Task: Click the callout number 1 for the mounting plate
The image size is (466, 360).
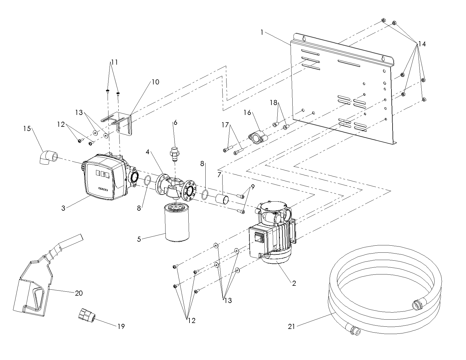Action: pyautogui.click(x=262, y=33)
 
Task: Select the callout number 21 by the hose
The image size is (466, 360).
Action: pyautogui.click(x=291, y=327)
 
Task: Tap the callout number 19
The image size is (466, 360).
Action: pyautogui.click(x=121, y=326)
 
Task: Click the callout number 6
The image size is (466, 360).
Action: pyautogui.click(x=175, y=122)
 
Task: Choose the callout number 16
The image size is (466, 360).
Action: pyautogui.click(x=247, y=112)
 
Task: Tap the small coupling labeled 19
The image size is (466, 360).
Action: pyautogui.click(x=87, y=315)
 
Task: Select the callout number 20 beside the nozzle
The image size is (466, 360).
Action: pyautogui.click(x=79, y=293)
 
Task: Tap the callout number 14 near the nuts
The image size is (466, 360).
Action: pyautogui.click(x=422, y=44)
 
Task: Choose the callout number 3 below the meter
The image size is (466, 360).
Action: pyautogui.click(x=63, y=208)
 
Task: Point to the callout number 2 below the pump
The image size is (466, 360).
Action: pyautogui.click(x=294, y=283)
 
